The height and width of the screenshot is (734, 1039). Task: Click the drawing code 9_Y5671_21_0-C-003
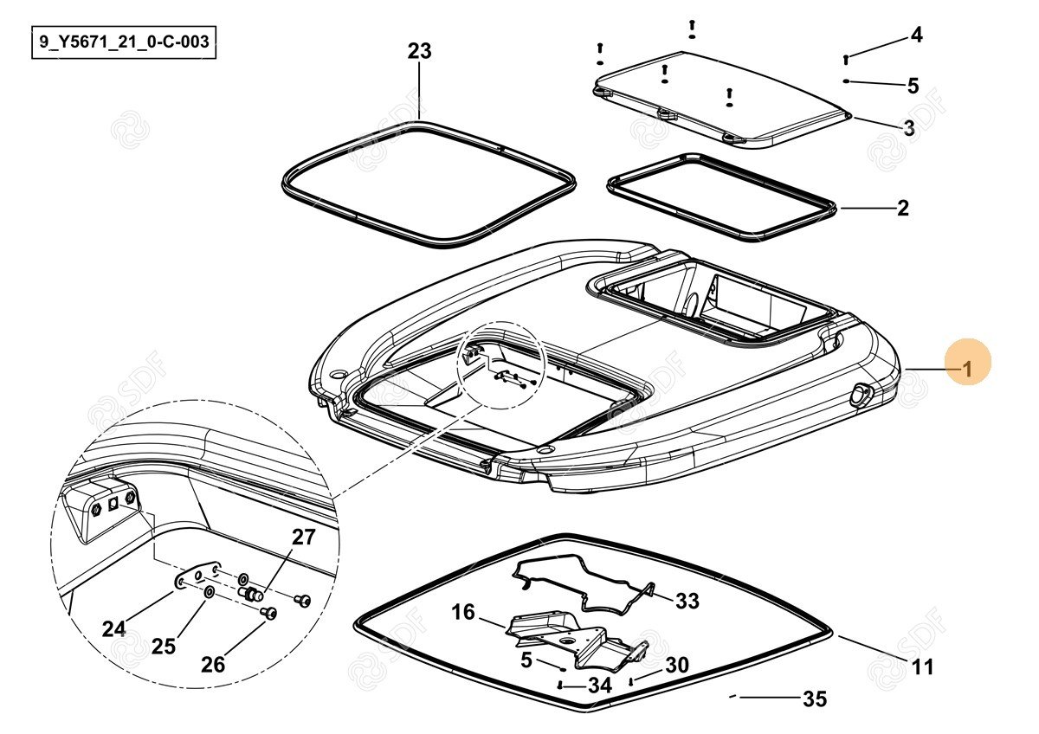(123, 42)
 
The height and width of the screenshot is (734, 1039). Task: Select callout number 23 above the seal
(419, 52)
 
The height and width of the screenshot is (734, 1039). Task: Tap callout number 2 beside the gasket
(902, 208)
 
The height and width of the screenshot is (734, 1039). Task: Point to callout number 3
(908, 128)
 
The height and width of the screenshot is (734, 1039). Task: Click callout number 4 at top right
(916, 35)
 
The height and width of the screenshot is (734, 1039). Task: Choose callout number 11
(923, 667)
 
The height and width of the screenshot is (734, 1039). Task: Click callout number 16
(463, 613)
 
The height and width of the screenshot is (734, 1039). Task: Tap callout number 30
(676, 665)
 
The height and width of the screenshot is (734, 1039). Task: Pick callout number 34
(599, 686)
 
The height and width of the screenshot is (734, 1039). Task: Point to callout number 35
(815, 699)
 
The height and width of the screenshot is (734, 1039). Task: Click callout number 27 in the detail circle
(303, 537)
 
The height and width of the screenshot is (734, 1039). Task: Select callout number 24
(113, 629)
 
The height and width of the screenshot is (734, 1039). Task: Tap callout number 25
(164, 646)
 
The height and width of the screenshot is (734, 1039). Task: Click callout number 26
(213, 664)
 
